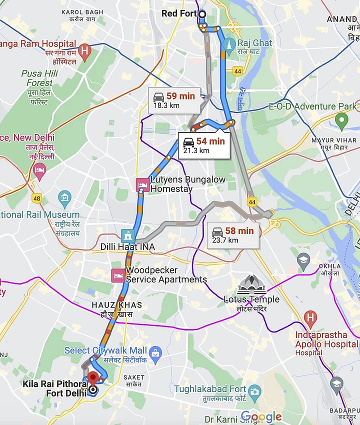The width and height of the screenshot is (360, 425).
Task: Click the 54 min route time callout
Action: (204, 145)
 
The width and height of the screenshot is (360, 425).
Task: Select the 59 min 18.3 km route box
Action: (174, 100)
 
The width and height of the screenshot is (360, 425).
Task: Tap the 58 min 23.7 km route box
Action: (233, 235)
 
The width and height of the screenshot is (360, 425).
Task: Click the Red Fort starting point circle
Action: (202, 14)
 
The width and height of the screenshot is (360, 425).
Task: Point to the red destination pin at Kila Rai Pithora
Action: (92, 379)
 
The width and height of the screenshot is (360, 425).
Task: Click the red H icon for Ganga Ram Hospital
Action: (85, 50)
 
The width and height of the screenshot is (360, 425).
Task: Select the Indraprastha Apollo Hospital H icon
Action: (310, 317)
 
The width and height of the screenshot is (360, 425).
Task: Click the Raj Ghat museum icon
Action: (229, 43)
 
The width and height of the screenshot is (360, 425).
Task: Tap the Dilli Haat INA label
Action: (127, 247)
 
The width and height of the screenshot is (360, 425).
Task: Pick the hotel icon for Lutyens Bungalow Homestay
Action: (142, 185)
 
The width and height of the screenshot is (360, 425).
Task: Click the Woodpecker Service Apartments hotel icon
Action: (118, 275)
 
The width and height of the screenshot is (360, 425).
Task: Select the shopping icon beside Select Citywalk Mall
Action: (155, 353)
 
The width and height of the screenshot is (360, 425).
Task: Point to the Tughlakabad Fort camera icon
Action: (254, 390)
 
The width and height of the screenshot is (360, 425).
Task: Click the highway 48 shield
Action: (36, 198)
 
